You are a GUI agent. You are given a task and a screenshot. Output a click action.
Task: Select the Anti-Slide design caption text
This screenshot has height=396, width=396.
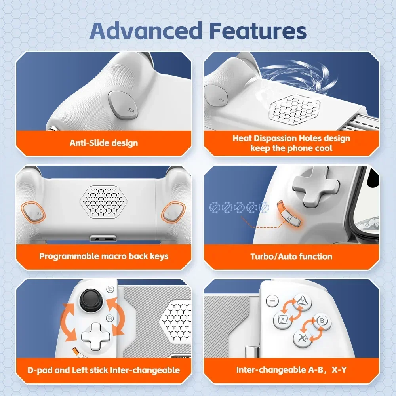[104, 143]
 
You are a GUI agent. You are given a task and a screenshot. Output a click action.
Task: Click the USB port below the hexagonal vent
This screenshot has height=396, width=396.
[103, 238]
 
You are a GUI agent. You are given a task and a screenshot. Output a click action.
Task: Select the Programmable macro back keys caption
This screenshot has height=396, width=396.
[104, 256]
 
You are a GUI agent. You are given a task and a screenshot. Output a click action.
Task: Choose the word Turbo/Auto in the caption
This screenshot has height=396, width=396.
[273, 256]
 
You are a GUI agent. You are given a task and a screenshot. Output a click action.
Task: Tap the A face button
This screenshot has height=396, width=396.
[302, 339]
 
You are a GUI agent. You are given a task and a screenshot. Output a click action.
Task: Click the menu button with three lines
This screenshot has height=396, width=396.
[272, 301]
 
